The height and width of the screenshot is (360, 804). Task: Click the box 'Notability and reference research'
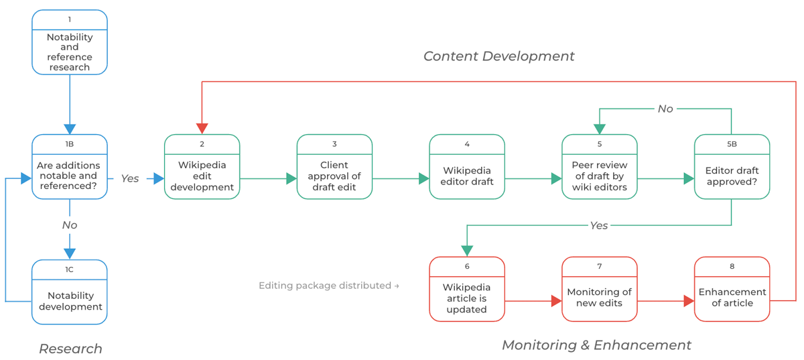pyautogui.click(x=70, y=42)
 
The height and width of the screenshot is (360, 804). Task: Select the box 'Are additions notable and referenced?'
pyautogui.click(x=70, y=167)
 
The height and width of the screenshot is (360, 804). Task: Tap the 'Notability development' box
pyautogui.click(x=70, y=292)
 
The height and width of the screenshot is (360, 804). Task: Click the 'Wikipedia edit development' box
pyautogui.click(x=202, y=167)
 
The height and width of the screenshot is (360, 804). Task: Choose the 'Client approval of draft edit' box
pyautogui.click(x=334, y=167)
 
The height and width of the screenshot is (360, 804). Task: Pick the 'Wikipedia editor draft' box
pyautogui.click(x=467, y=167)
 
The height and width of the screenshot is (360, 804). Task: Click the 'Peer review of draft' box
pyautogui.click(x=599, y=167)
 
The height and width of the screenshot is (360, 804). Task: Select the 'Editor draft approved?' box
pyautogui.click(x=732, y=167)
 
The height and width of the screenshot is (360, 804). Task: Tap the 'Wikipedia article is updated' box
pyautogui.click(x=467, y=290)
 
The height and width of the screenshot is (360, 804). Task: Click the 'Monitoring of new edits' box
pyautogui.click(x=599, y=290)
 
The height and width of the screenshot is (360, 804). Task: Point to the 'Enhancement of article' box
pyautogui.click(x=732, y=290)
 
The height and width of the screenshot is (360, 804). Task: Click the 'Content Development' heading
pyautogui.click(x=498, y=56)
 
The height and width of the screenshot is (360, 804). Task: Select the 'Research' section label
pyautogui.click(x=70, y=349)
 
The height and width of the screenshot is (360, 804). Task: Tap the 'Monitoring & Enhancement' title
pyautogui.click(x=596, y=345)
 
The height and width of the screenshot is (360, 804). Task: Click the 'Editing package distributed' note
pyautogui.click(x=328, y=286)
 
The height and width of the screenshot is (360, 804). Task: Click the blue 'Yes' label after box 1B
pyautogui.click(x=130, y=178)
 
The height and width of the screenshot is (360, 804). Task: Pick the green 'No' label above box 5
pyautogui.click(x=665, y=109)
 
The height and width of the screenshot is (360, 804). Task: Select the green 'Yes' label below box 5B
pyautogui.click(x=599, y=225)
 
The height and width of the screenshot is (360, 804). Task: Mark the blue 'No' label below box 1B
pyautogui.click(x=70, y=225)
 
